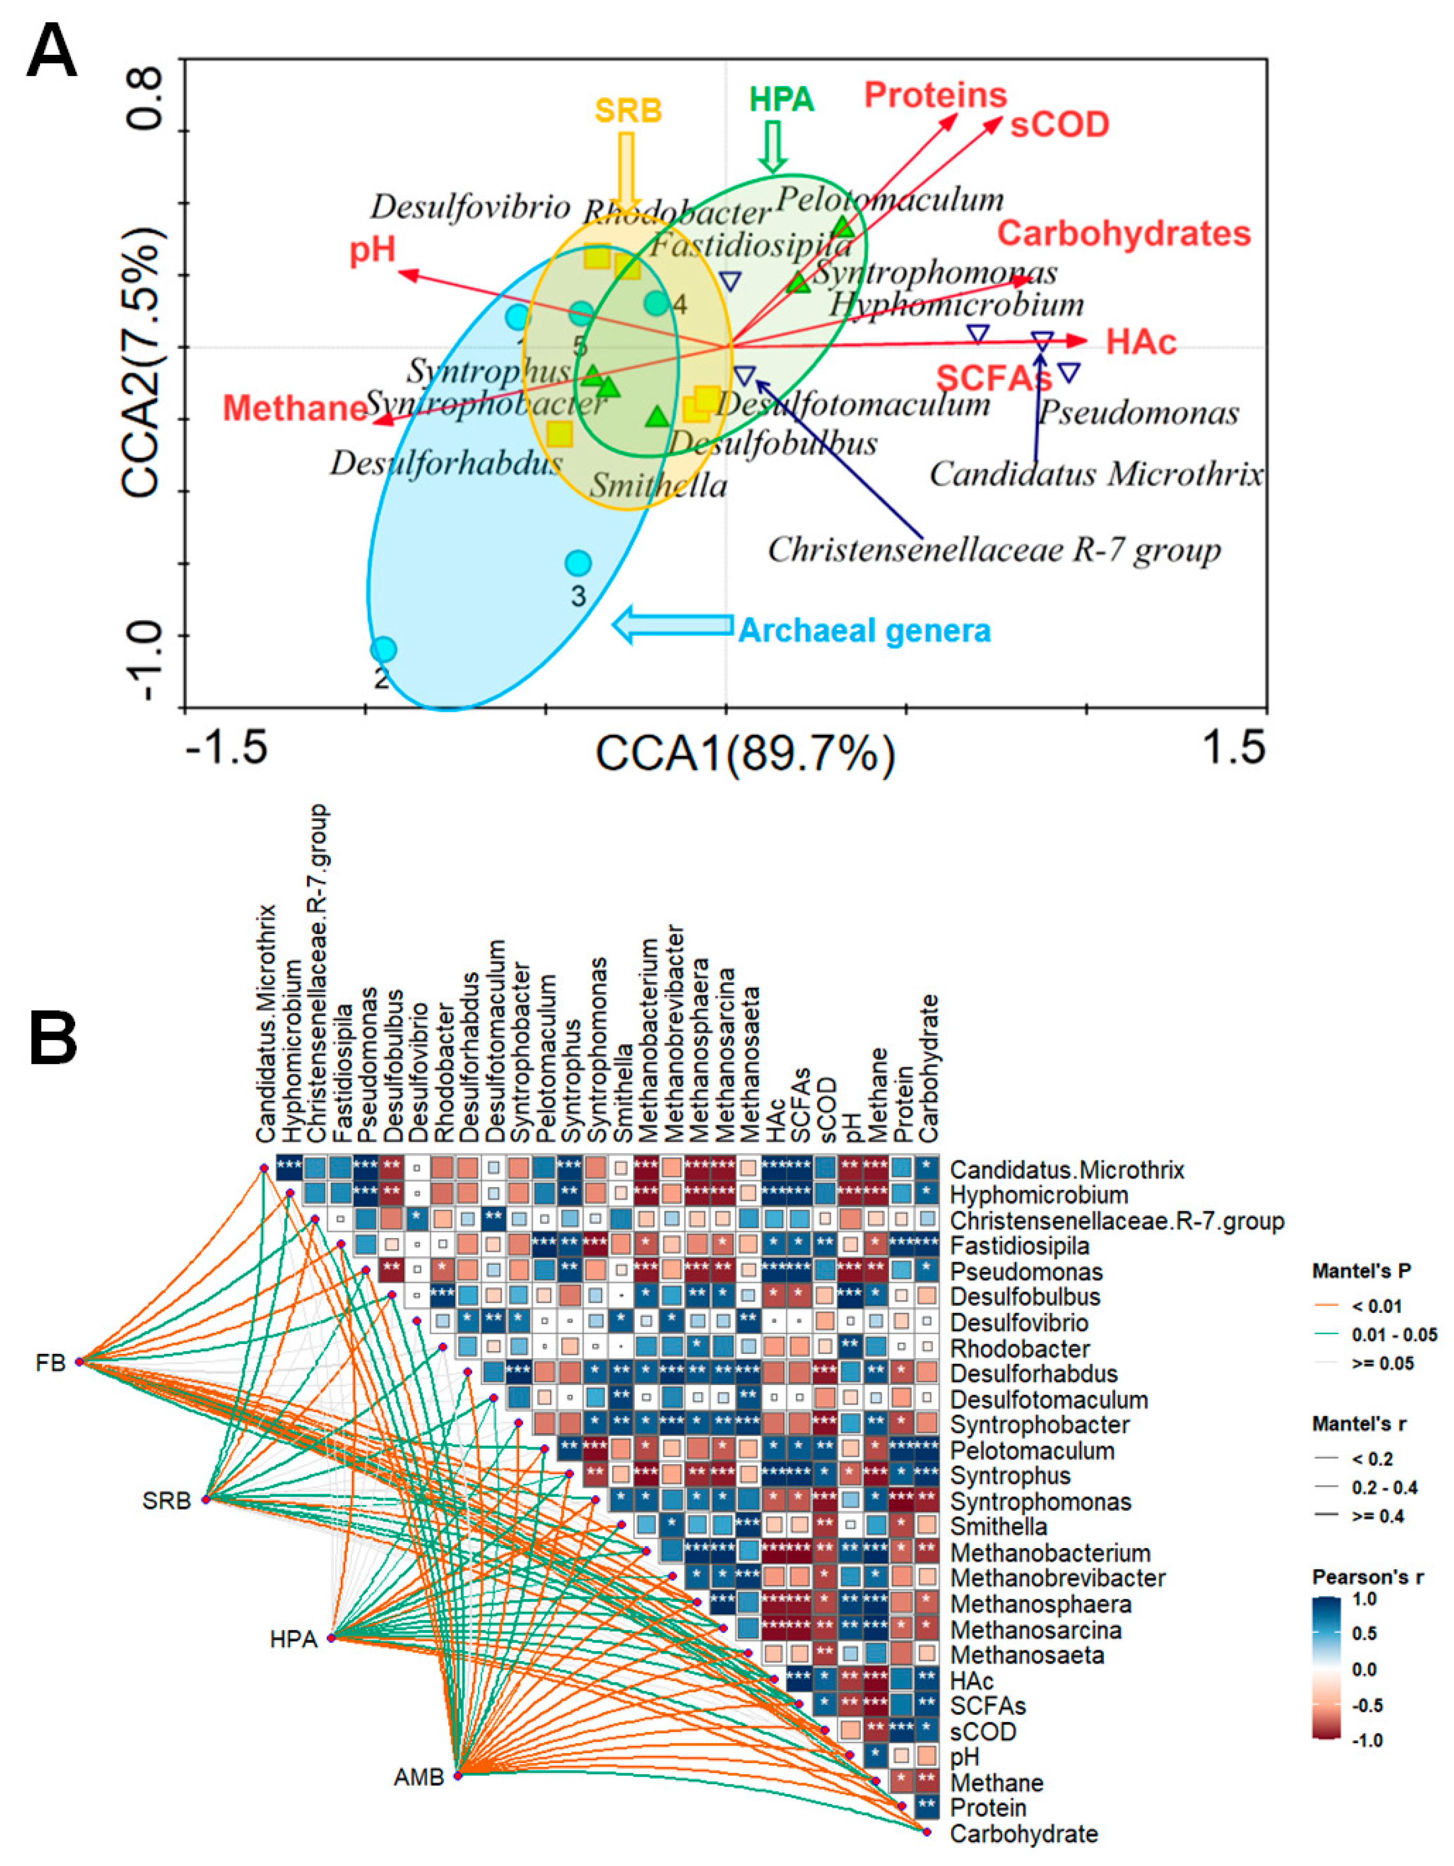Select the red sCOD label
click(1059, 125)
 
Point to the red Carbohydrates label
click(1124, 233)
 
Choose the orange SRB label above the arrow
click(629, 111)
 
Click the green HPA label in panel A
click(782, 100)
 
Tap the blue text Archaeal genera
click(865, 631)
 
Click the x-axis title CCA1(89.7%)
click(745, 754)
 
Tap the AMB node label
click(418, 1778)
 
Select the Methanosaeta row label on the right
click(1027, 1655)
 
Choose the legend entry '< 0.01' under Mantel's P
click(1378, 1305)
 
